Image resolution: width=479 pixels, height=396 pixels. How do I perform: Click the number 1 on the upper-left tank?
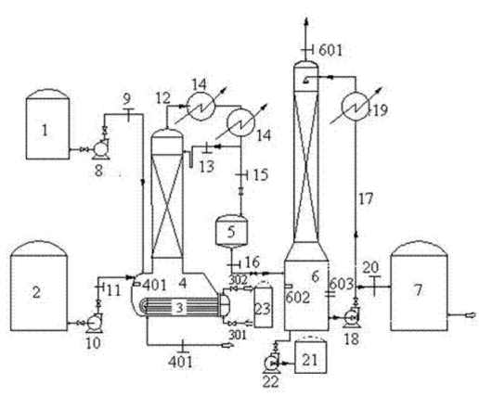[x=45, y=130]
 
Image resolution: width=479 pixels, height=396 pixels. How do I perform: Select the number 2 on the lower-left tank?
[x=36, y=292]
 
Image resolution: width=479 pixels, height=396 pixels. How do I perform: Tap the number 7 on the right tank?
[x=418, y=290]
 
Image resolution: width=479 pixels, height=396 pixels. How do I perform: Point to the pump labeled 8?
[x=100, y=150]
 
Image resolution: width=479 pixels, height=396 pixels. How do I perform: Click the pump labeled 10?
[x=95, y=323]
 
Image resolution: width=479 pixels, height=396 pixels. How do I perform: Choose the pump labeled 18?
[x=352, y=317]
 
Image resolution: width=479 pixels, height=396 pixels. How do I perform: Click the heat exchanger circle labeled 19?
[x=356, y=107]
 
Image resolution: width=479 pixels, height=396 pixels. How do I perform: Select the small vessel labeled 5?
[x=232, y=231]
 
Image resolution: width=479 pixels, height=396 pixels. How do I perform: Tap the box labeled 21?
[x=310, y=356]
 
